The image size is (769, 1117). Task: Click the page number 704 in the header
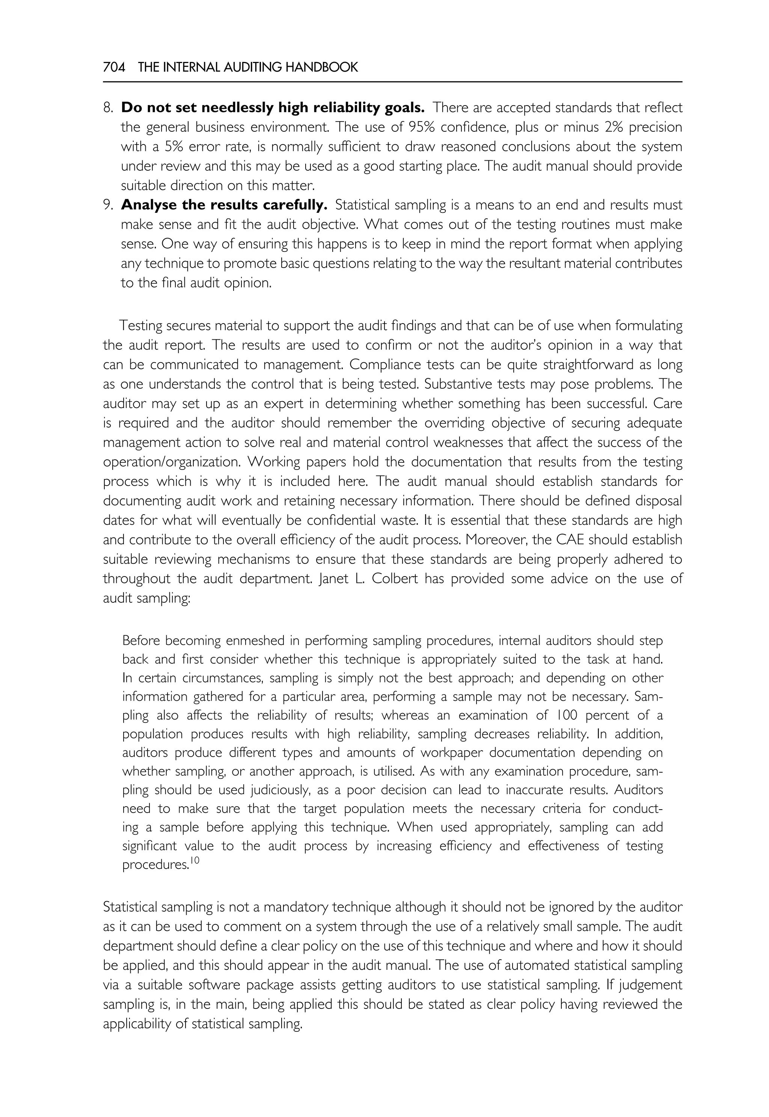114,68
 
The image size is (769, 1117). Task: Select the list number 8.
107,108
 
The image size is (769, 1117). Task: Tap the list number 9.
107,205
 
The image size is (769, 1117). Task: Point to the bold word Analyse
149,205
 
